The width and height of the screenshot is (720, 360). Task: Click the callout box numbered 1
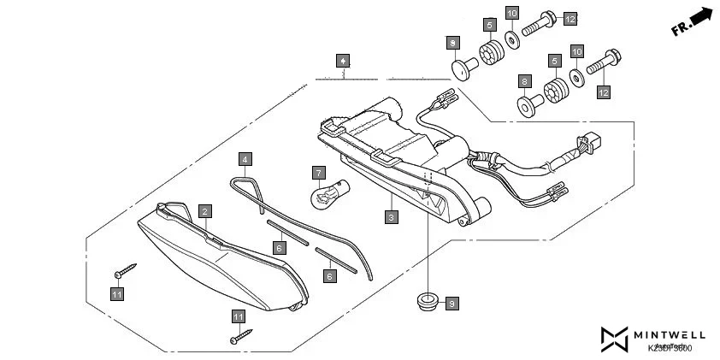point(342,61)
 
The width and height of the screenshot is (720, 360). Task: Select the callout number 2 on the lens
point(205,210)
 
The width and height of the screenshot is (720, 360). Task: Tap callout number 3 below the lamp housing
point(391,218)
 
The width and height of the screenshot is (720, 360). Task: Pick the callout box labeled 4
point(245,159)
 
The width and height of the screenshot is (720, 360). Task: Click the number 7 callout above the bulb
point(318,174)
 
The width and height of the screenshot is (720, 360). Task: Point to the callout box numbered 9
point(452,303)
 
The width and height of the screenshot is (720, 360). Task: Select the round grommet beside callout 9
point(425,300)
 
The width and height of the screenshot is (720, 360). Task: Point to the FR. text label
point(682,28)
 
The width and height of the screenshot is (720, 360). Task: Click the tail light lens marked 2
point(222,257)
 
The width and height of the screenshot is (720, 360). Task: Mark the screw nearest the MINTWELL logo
point(241,336)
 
